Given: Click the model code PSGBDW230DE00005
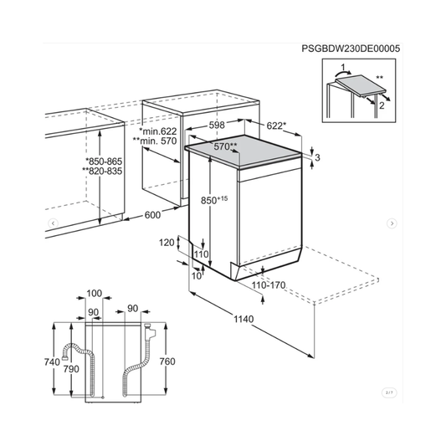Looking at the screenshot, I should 350,49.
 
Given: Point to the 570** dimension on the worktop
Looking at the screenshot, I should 223,146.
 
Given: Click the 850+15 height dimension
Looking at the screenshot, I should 214,200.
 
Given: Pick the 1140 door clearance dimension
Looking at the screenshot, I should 243,318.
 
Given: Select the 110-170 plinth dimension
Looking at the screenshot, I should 270,285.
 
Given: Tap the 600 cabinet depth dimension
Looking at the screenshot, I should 151,215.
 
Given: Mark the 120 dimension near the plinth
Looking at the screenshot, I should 167,242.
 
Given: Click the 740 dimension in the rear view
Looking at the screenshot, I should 52,362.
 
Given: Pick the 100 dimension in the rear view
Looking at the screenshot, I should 93,294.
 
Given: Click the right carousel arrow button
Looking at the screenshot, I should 391,223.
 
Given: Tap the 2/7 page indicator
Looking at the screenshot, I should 388,392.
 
